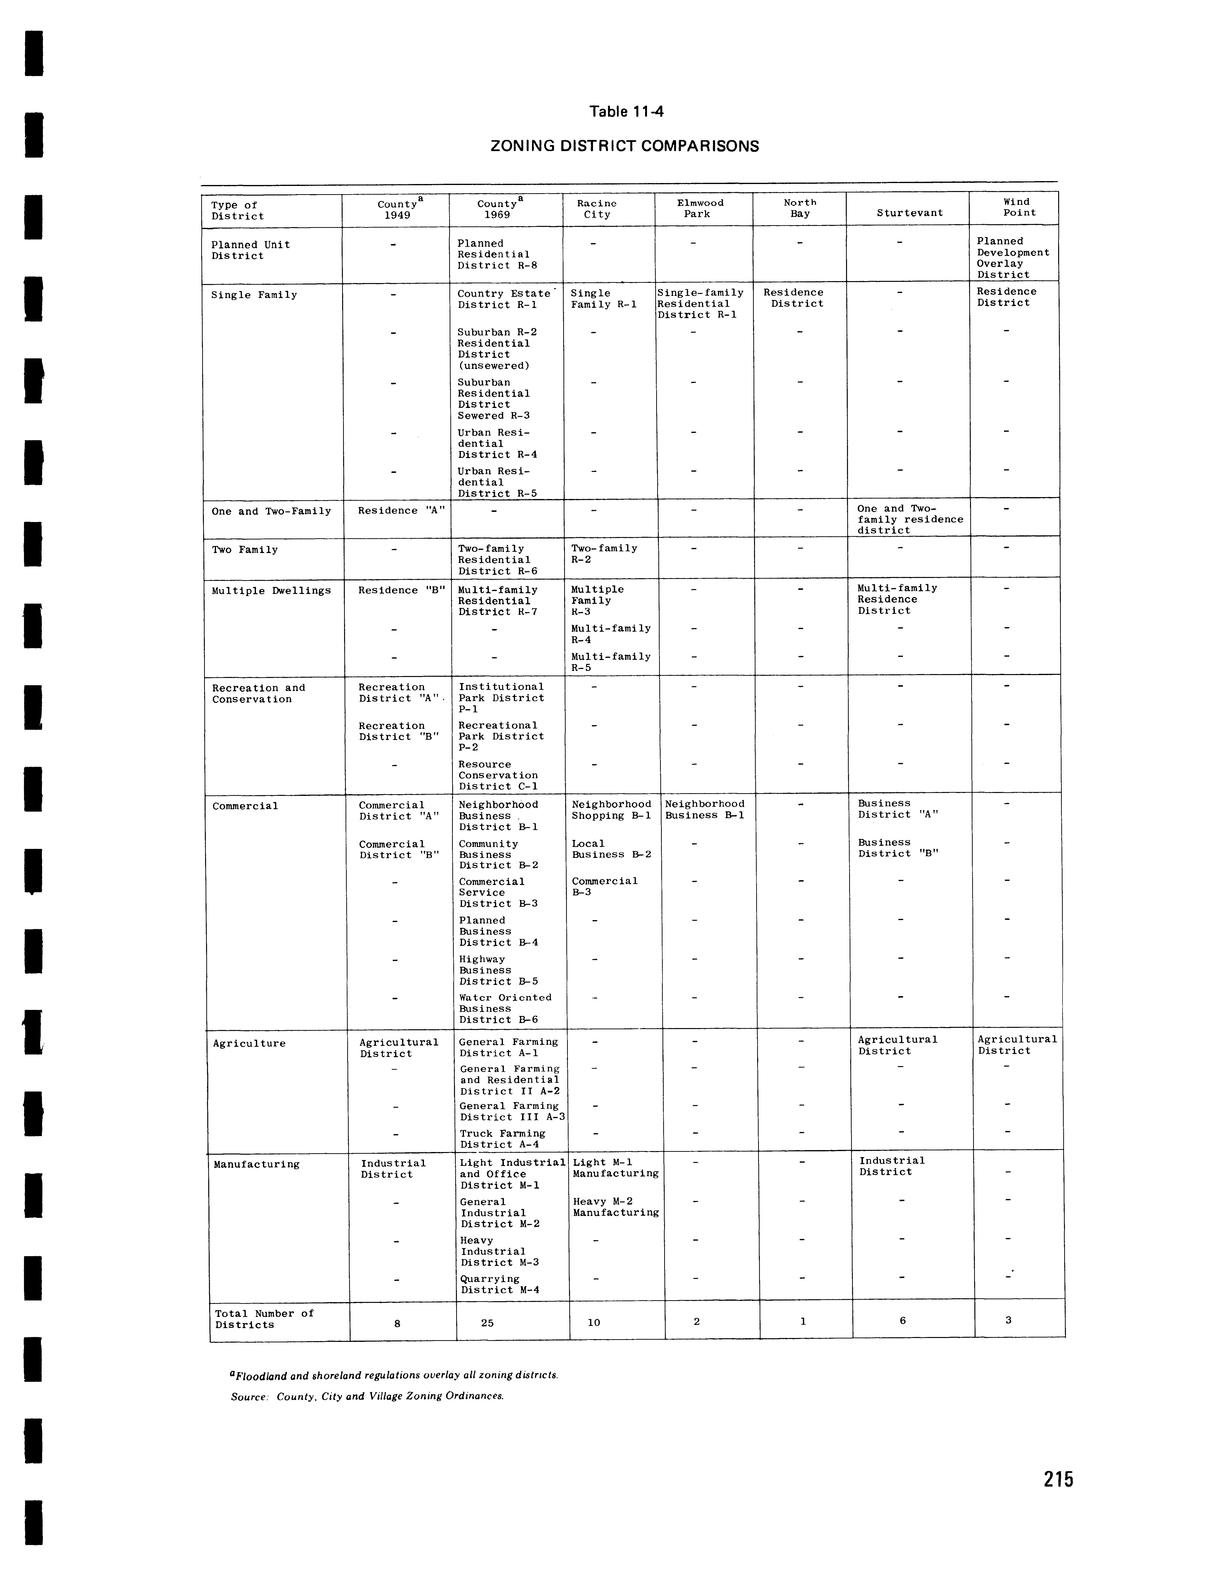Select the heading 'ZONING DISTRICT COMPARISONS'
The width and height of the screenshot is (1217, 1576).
click(x=624, y=146)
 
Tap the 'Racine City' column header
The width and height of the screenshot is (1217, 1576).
click(x=596, y=209)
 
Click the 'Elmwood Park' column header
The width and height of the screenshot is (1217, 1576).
click(x=700, y=208)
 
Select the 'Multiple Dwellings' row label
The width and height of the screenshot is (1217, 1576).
click(x=271, y=590)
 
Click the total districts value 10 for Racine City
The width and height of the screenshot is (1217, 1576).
click(x=593, y=1323)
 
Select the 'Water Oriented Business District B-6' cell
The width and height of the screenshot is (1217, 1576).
click(x=505, y=1008)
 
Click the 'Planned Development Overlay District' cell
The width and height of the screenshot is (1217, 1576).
click(x=1012, y=258)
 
